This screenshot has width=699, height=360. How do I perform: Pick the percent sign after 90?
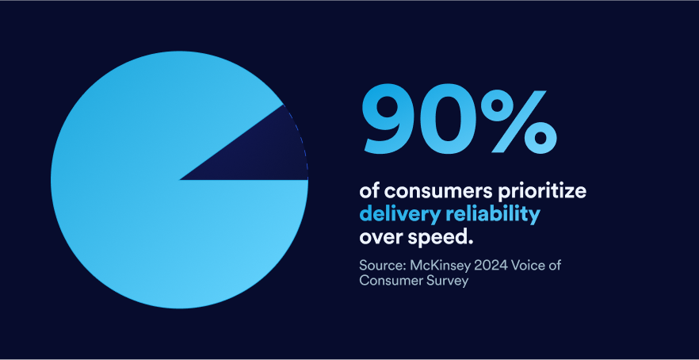coord(521,121)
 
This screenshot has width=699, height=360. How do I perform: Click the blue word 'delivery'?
coord(394,214)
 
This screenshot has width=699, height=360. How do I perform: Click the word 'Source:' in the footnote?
coord(381,264)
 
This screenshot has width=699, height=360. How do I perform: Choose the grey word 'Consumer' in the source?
coord(389,281)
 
